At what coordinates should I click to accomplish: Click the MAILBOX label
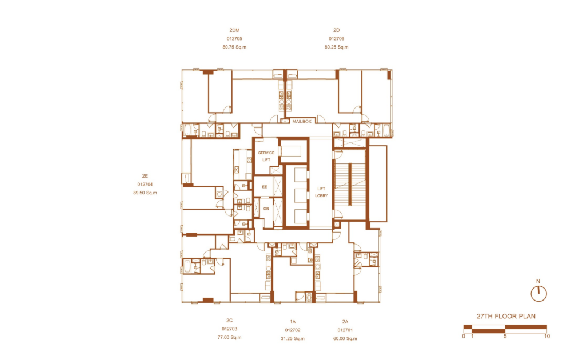coord(302,122)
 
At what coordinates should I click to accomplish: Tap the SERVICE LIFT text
coord(266,156)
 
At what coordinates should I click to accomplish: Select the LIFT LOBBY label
coord(321,192)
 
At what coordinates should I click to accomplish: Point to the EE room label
coord(265,187)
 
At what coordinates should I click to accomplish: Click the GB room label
coord(266,209)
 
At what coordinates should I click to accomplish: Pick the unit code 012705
coord(234,39)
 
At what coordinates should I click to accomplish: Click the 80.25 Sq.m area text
coord(337,47)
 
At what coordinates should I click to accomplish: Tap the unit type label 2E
coord(145,176)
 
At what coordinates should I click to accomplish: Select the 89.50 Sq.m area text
coord(145,193)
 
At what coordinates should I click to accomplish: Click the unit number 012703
coord(229,329)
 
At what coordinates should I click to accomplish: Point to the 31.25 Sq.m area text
coord(293,338)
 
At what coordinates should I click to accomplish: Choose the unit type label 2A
coord(345,322)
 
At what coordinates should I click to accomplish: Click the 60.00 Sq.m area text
coord(345,338)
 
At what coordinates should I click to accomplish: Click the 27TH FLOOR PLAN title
coord(506,317)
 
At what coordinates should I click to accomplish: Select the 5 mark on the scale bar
coord(505,336)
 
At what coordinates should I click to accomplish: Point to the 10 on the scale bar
coord(546,336)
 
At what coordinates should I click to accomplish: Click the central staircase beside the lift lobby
coord(350,184)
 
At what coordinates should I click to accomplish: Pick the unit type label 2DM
coord(234,30)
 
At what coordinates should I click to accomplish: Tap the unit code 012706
coord(337,39)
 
